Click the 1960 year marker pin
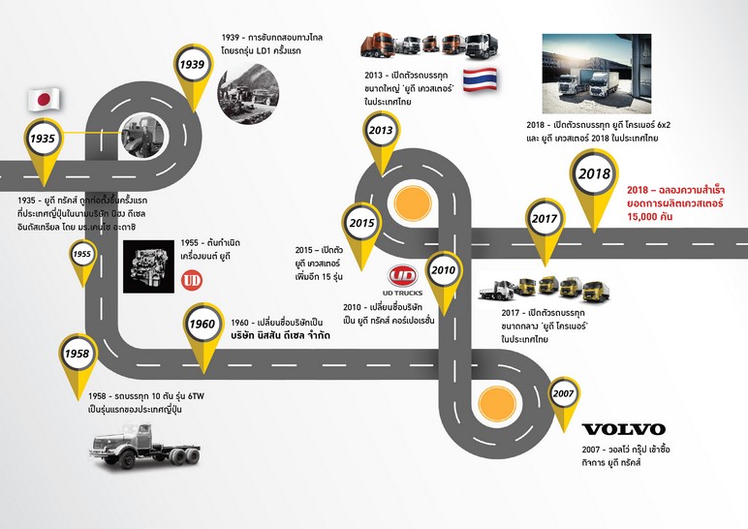click(202, 324)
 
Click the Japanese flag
click(43, 98)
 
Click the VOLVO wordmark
click(622, 428)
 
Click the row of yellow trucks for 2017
click(533, 286)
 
